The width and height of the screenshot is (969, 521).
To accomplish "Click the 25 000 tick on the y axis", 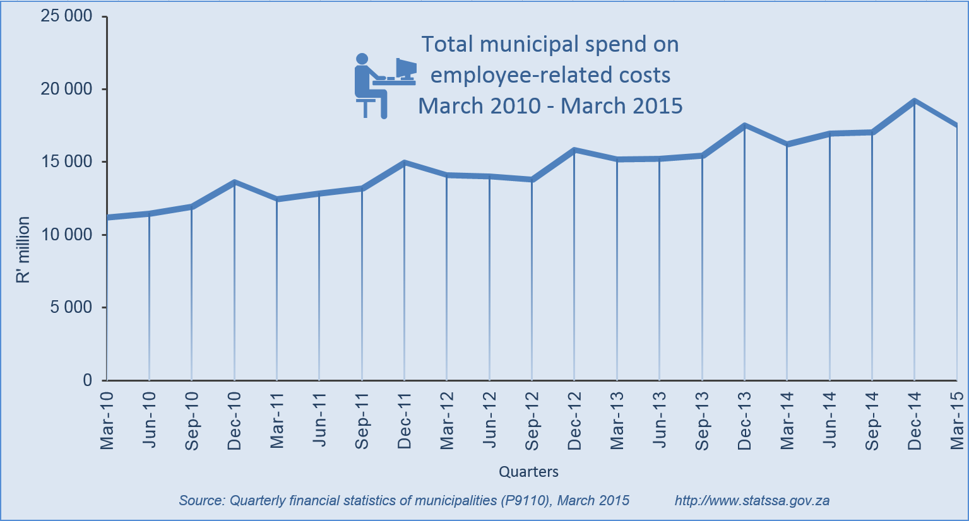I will [66, 16].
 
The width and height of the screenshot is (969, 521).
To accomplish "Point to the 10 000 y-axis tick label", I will [66, 235].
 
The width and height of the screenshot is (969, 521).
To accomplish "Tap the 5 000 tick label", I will [70, 308].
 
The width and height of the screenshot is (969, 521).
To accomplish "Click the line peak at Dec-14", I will [914, 101].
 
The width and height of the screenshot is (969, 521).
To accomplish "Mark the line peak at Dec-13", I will [745, 126].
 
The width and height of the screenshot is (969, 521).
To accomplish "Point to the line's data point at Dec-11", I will [404, 163].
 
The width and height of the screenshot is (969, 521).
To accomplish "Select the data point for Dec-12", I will [574, 150].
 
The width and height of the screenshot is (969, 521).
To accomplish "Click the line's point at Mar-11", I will [277, 199].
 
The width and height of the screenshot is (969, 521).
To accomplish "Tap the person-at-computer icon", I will [383, 85].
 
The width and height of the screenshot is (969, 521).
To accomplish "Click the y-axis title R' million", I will [23, 250].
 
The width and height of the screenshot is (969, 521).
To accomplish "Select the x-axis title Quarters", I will [528, 472].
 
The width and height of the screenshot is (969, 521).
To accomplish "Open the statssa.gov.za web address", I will [752, 501].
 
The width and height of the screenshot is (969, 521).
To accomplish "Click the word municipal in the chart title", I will [529, 45].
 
